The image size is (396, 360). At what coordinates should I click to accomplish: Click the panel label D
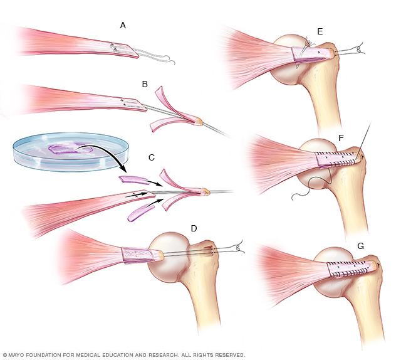tap(194, 228)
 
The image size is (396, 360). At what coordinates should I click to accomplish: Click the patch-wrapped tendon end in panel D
tap(137, 253)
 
